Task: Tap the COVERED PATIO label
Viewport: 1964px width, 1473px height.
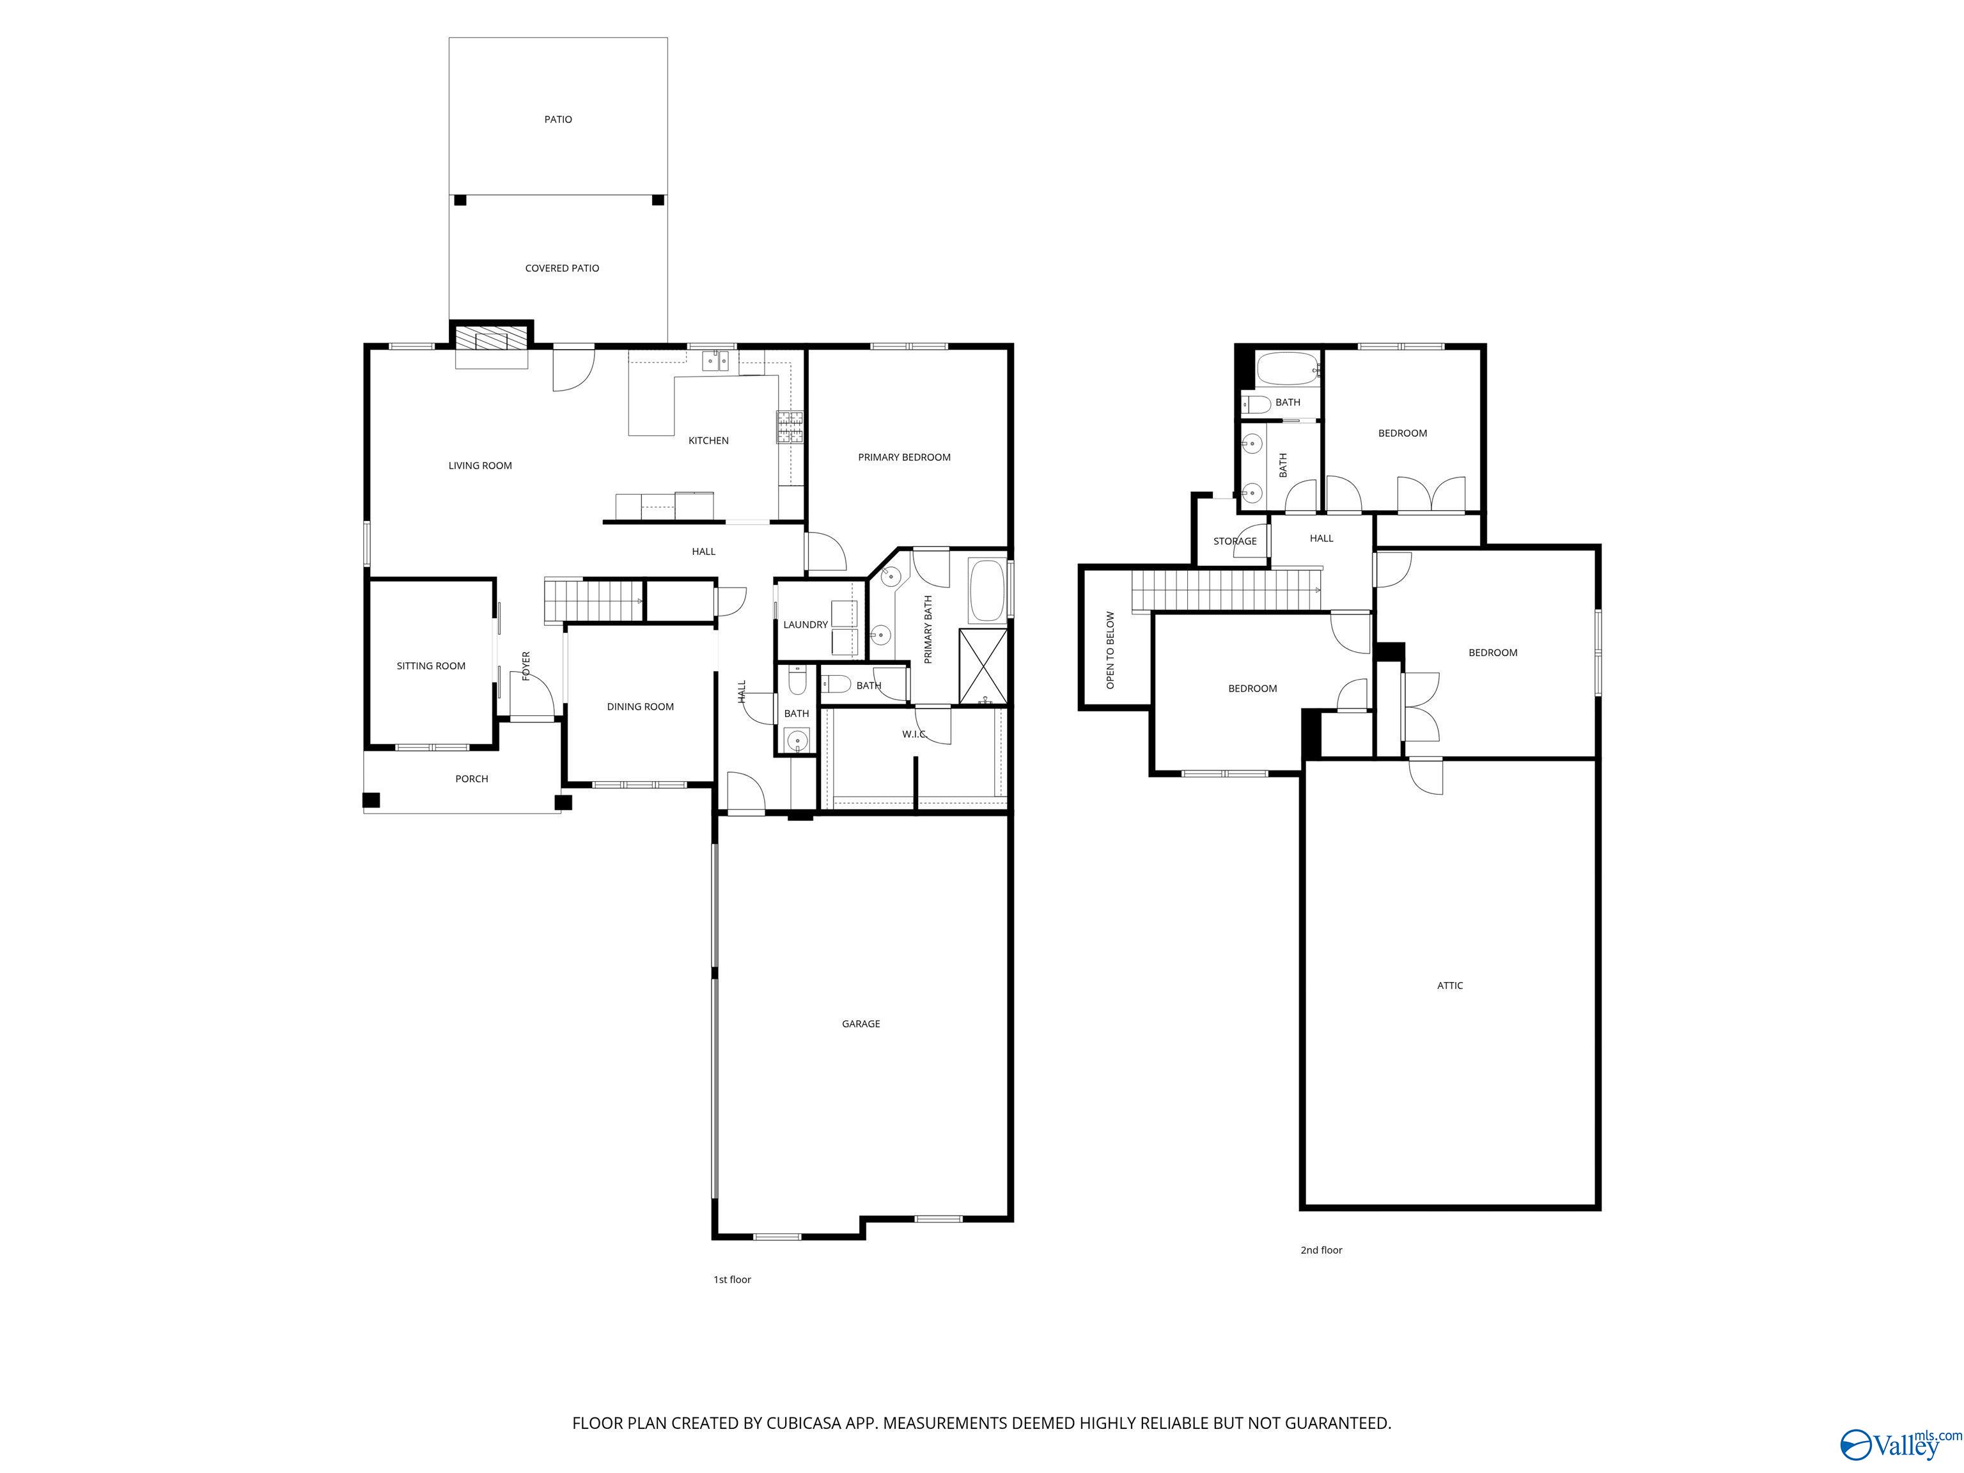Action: click(x=562, y=268)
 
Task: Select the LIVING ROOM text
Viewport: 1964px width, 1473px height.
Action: click(x=479, y=465)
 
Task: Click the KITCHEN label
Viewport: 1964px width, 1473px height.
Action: click(x=708, y=440)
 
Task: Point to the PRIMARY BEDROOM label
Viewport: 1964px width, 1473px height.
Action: click(x=904, y=457)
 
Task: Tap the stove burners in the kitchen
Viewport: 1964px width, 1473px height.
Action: click(x=790, y=427)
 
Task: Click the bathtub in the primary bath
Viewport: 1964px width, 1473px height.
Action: click(x=986, y=589)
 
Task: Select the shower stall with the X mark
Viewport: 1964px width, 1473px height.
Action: click(x=983, y=666)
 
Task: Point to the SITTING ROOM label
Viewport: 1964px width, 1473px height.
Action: click(x=431, y=666)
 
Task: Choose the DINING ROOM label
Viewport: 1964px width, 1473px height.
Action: click(x=640, y=706)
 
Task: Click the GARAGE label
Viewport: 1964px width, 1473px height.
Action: click(x=861, y=1024)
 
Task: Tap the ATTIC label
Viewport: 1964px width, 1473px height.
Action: click(x=1450, y=986)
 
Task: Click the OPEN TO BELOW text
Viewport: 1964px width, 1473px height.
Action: click(x=1110, y=650)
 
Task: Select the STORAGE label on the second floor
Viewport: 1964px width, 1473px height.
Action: click(x=1235, y=541)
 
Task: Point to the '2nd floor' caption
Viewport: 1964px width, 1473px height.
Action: click(x=1321, y=1250)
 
